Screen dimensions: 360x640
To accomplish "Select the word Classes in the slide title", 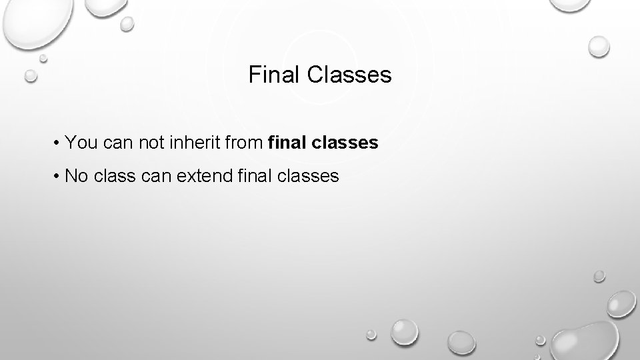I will [350, 75].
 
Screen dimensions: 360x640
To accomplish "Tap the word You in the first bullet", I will [81, 143].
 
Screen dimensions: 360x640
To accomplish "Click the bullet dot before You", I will [59, 143].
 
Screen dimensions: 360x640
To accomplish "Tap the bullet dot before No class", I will [59, 177].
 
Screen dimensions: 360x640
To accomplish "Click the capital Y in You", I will [72, 143].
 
